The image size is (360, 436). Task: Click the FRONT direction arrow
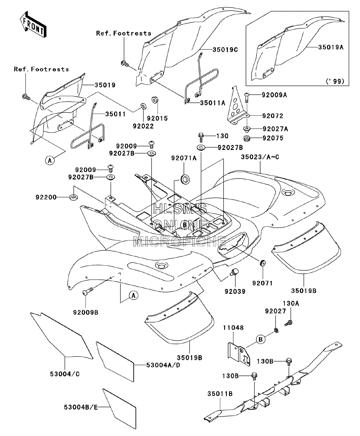coord(33,24)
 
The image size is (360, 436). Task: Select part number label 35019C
coord(226,50)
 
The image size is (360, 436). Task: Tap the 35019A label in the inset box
coord(331,47)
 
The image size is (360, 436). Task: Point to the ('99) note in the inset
coord(335,81)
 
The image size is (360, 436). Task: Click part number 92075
coord(273,138)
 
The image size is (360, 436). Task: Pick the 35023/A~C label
coord(260,157)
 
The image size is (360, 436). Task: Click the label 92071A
coord(184,158)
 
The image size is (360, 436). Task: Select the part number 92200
coord(46,197)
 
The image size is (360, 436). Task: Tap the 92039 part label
coord(235,291)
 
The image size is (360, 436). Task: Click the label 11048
coord(233,328)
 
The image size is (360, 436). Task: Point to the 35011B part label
coord(220,394)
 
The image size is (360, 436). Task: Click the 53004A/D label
coord(163,365)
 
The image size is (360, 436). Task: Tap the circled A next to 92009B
coord(134,295)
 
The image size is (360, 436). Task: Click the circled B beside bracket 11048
coord(261,339)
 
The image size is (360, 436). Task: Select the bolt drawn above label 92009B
coord(87,292)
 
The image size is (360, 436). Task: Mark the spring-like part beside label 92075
coord(246,138)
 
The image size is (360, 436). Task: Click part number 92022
coord(143,126)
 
